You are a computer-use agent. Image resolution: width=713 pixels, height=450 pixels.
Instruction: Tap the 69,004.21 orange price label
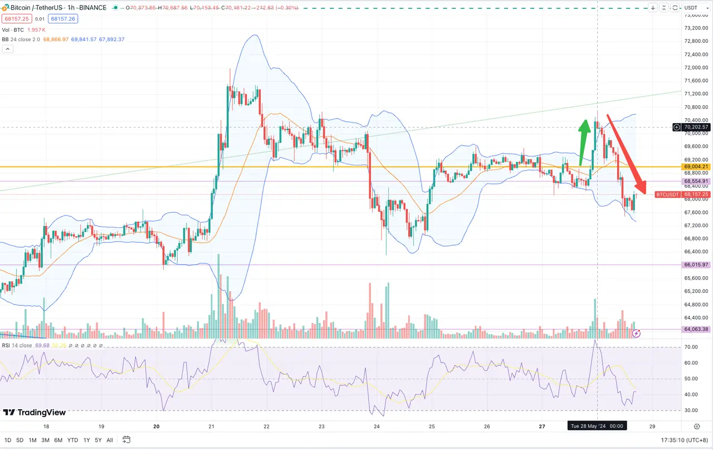point(696,167)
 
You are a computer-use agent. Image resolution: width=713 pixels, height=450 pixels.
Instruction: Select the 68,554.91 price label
point(696,182)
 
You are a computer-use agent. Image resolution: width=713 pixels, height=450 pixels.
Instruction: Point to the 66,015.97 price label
point(696,265)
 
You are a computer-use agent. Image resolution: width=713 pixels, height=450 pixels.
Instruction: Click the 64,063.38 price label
point(696,329)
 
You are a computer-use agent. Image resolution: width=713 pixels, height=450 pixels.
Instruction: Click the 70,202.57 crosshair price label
point(697,127)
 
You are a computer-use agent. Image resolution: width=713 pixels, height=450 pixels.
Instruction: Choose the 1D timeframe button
point(8,440)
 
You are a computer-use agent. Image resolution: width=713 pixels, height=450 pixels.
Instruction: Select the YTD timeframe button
point(72,440)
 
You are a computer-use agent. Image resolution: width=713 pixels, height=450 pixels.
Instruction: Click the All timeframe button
point(110,440)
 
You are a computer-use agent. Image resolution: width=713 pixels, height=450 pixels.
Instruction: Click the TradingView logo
point(35,413)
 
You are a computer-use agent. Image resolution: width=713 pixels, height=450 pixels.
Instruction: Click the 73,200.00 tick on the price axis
point(695,28)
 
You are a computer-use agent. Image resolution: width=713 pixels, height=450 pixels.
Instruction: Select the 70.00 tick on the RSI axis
point(691,347)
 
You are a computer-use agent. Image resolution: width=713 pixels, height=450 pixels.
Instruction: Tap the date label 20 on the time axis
point(157,427)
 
